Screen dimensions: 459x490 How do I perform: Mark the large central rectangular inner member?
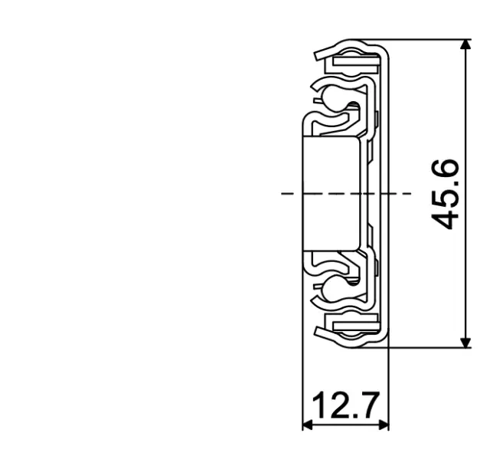pyautogui.click(x=332, y=193)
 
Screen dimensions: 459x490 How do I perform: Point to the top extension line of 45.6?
pyautogui.click(x=429, y=39)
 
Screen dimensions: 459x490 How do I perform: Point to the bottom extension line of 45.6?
pyautogui.click(x=429, y=347)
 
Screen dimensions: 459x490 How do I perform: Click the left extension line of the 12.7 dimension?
pyautogui.click(x=303, y=383)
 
